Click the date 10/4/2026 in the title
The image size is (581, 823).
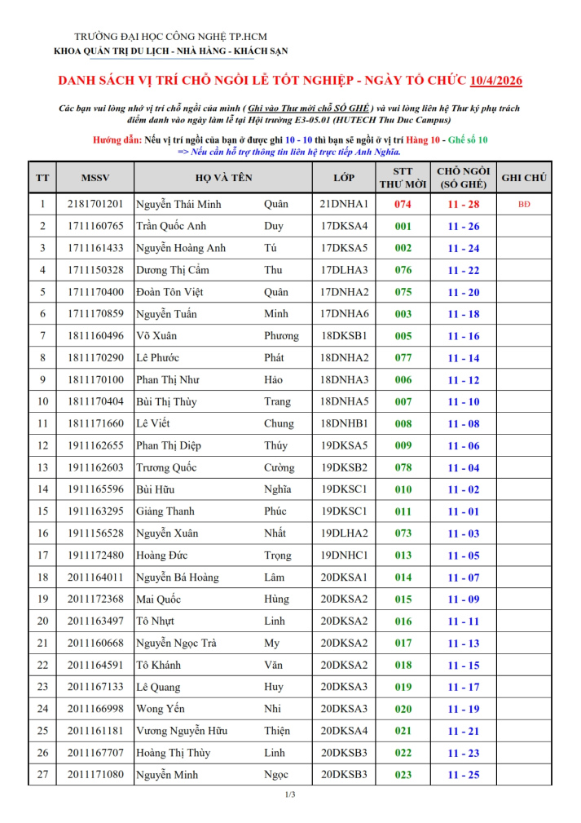tap(496, 81)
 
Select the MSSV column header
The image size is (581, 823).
tap(95, 177)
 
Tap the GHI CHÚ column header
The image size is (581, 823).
tap(524, 177)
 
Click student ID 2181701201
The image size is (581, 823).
tap(95, 204)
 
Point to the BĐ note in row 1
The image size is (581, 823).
tap(524, 204)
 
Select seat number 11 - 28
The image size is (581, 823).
tap(463, 204)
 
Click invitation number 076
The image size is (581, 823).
tap(403, 270)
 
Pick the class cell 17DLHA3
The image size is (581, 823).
tap(344, 270)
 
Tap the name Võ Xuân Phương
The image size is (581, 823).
tap(217, 336)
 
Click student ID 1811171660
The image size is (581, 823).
tap(95, 423)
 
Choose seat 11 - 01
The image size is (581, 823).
tap(463, 511)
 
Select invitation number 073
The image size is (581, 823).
tap(403, 533)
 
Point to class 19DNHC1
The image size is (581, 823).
tap(344, 555)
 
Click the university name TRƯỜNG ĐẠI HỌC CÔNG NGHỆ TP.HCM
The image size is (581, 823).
tap(170, 37)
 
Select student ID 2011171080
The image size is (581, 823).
tap(95, 775)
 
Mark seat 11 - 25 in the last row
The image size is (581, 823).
tap(463, 775)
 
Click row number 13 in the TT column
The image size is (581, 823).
tap(42, 467)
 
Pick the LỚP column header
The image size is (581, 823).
tap(344, 177)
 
